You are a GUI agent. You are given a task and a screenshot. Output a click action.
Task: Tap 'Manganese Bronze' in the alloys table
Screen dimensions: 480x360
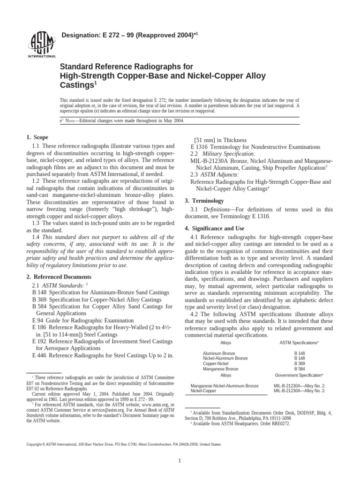(220, 369)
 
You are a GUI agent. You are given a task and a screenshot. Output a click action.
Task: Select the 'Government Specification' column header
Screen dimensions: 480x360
(299, 375)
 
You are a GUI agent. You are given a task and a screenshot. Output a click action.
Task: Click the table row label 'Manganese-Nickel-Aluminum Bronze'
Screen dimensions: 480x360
(224, 385)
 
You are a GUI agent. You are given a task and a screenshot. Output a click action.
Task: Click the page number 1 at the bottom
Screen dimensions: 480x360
(180, 461)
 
